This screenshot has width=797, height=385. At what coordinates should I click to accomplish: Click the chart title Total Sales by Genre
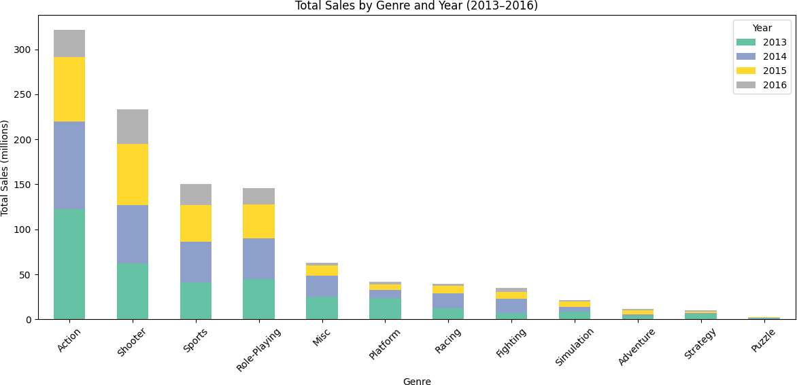(x=416, y=6)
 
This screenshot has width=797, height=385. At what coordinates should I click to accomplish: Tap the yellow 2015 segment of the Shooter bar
(x=133, y=174)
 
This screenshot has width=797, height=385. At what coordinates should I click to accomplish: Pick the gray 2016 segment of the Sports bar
(x=196, y=194)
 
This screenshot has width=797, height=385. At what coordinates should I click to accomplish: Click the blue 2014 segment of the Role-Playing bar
(x=258, y=259)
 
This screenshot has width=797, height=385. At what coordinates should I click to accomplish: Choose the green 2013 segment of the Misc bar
(x=322, y=308)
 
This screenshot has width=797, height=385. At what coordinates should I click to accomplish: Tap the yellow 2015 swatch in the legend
(x=746, y=71)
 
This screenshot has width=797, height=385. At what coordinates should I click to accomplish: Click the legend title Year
(x=762, y=28)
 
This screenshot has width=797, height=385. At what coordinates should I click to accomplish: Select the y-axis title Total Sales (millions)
(x=5, y=168)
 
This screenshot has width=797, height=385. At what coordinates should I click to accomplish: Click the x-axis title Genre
(x=416, y=382)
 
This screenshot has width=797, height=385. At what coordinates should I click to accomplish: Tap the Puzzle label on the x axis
(x=763, y=340)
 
